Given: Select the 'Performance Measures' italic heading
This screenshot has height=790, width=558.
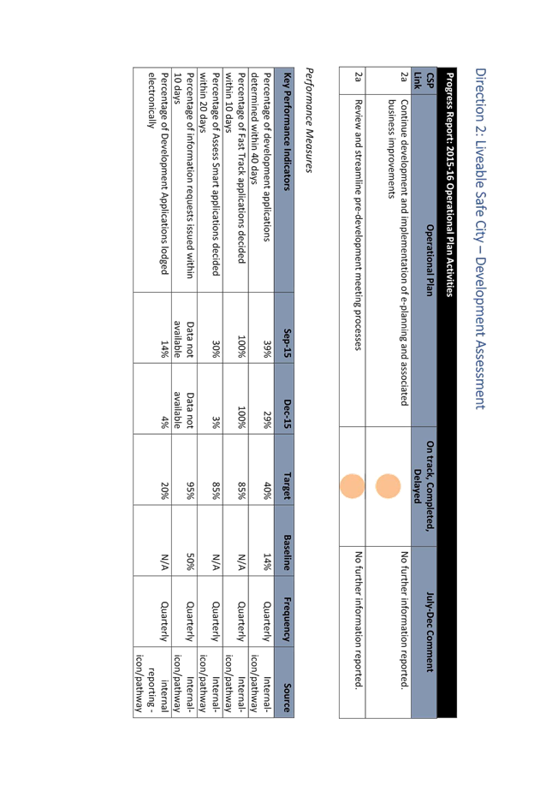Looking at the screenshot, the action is pyautogui.click(x=310, y=121).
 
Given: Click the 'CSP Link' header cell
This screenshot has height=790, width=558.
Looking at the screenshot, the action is pyautogui.click(x=424, y=81).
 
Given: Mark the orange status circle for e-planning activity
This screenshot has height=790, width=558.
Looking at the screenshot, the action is pyautogui.click(x=388, y=486).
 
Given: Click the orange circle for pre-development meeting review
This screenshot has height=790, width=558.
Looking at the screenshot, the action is pyautogui.click(x=352, y=486).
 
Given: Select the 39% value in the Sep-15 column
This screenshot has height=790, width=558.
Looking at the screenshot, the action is pyautogui.click(x=267, y=348).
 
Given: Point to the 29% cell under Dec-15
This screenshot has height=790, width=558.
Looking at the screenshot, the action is pyautogui.click(x=267, y=419).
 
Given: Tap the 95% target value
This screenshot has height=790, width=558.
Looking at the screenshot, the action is pyautogui.click(x=190, y=490).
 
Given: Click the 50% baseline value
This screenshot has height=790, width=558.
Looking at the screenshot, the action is pyautogui.click(x=190, y=561).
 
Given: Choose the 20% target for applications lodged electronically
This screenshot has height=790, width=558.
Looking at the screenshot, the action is pyautogui.click(x=164, y=490).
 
